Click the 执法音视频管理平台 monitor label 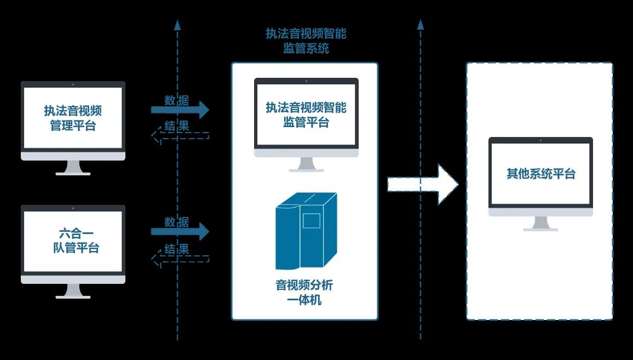tap(73, 118)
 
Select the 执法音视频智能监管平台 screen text tap(306, 115)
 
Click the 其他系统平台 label tap(540, 174)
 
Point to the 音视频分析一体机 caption tap(304, 293)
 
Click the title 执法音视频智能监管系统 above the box tap(306, 41)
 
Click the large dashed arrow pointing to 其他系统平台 tap(422, 184)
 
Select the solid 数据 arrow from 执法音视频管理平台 tap(180, 110)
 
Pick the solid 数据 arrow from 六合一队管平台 tap(180, 231)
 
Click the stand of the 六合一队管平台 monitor tap(73, 290)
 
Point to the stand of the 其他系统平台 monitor tap(540, 224)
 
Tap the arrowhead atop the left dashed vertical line tap(177, 25)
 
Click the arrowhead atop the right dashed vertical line tap(421, 24)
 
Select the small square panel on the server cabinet tap(312, 220)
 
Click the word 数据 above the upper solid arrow tap(177, 100)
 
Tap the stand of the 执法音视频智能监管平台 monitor tap(306, 164)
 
